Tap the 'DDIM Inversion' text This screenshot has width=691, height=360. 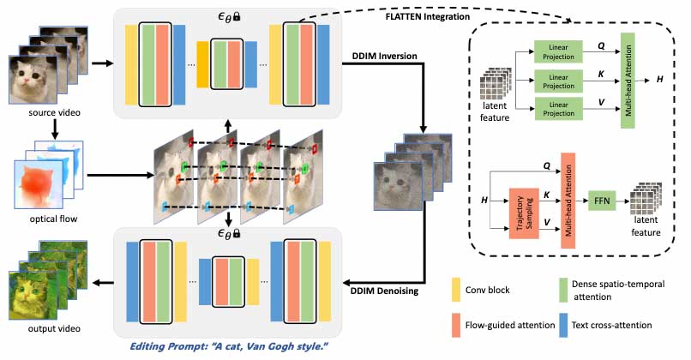(385, 57)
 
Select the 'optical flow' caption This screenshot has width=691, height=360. (39, 219)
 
